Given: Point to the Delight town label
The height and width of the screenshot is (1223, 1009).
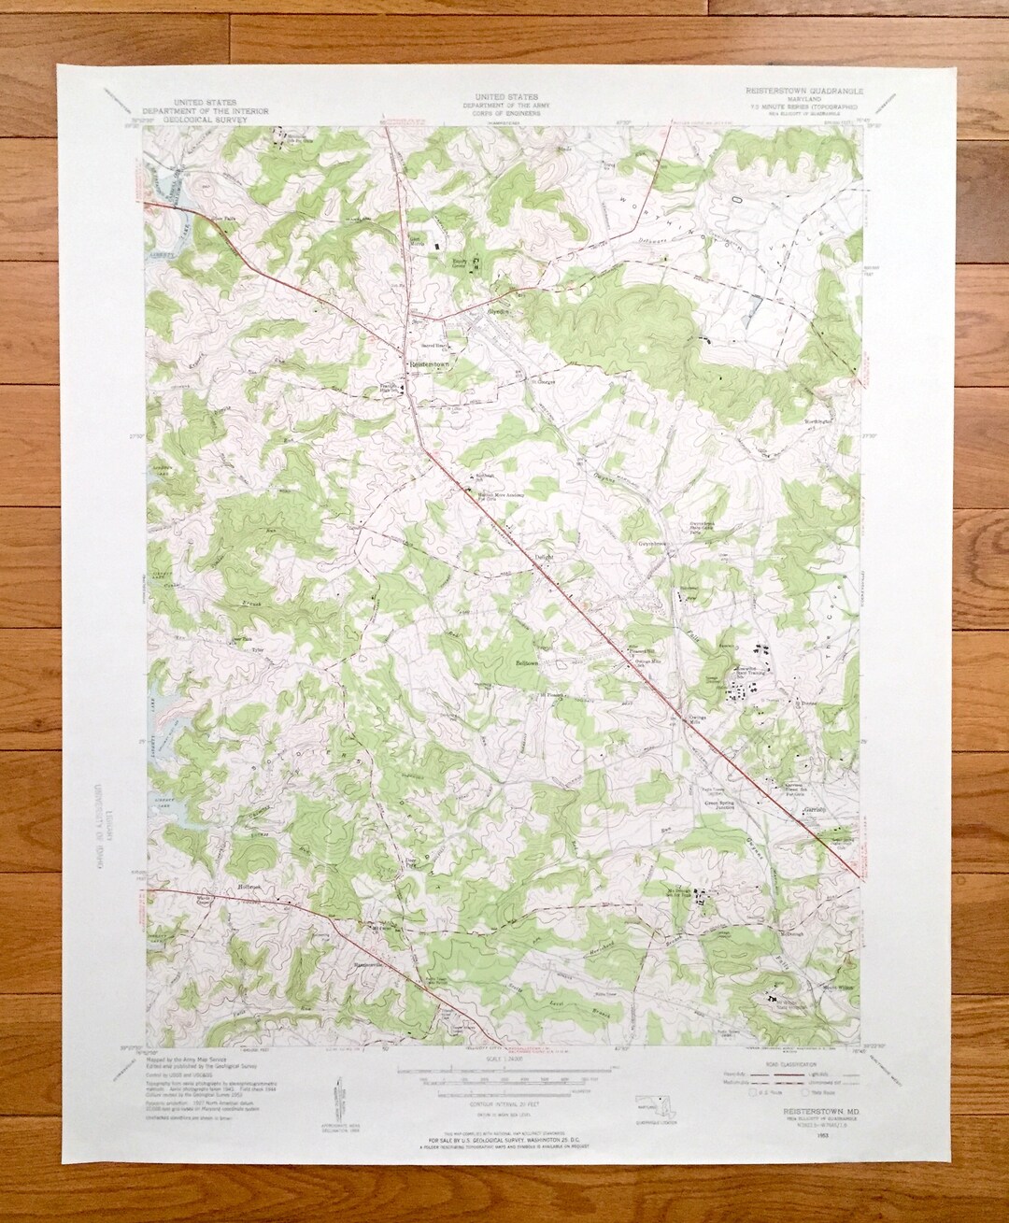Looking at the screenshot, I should click(x=544, y=556).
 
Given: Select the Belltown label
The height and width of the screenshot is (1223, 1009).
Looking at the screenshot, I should click(x=527, y=662).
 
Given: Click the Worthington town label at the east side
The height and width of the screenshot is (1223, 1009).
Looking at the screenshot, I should click(x=823, y=421).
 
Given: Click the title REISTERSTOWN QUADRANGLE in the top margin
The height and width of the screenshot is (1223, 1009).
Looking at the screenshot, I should click(x=804, y=92).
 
